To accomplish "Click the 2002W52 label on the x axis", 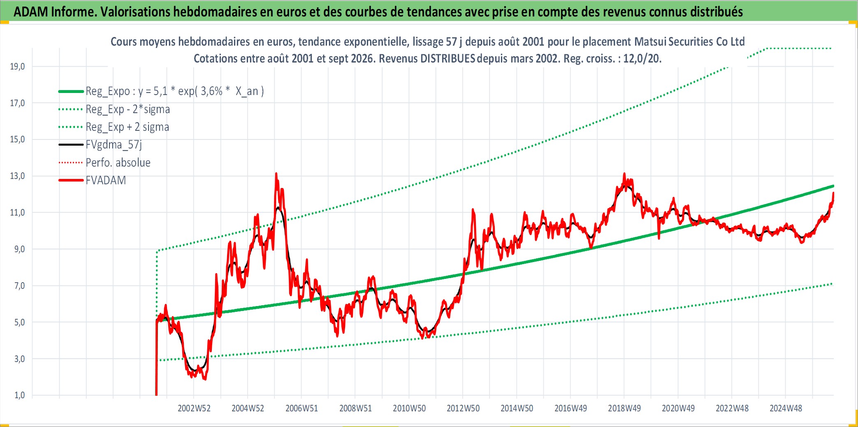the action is (194, 408).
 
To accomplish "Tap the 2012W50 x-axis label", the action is (463, 408).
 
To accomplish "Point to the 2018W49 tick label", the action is (624, 408).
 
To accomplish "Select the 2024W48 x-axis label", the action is (786, 408).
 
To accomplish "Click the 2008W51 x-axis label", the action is (355, 408).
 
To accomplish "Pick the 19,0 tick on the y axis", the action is (17, 67).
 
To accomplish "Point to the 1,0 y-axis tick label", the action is (19, 395).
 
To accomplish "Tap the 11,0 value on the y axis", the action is (17, 213).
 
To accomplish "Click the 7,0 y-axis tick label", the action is (19, 286).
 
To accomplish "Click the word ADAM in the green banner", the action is (31, 12).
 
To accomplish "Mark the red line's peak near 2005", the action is (276, 174).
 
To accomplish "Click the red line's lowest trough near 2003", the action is (205, 379).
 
